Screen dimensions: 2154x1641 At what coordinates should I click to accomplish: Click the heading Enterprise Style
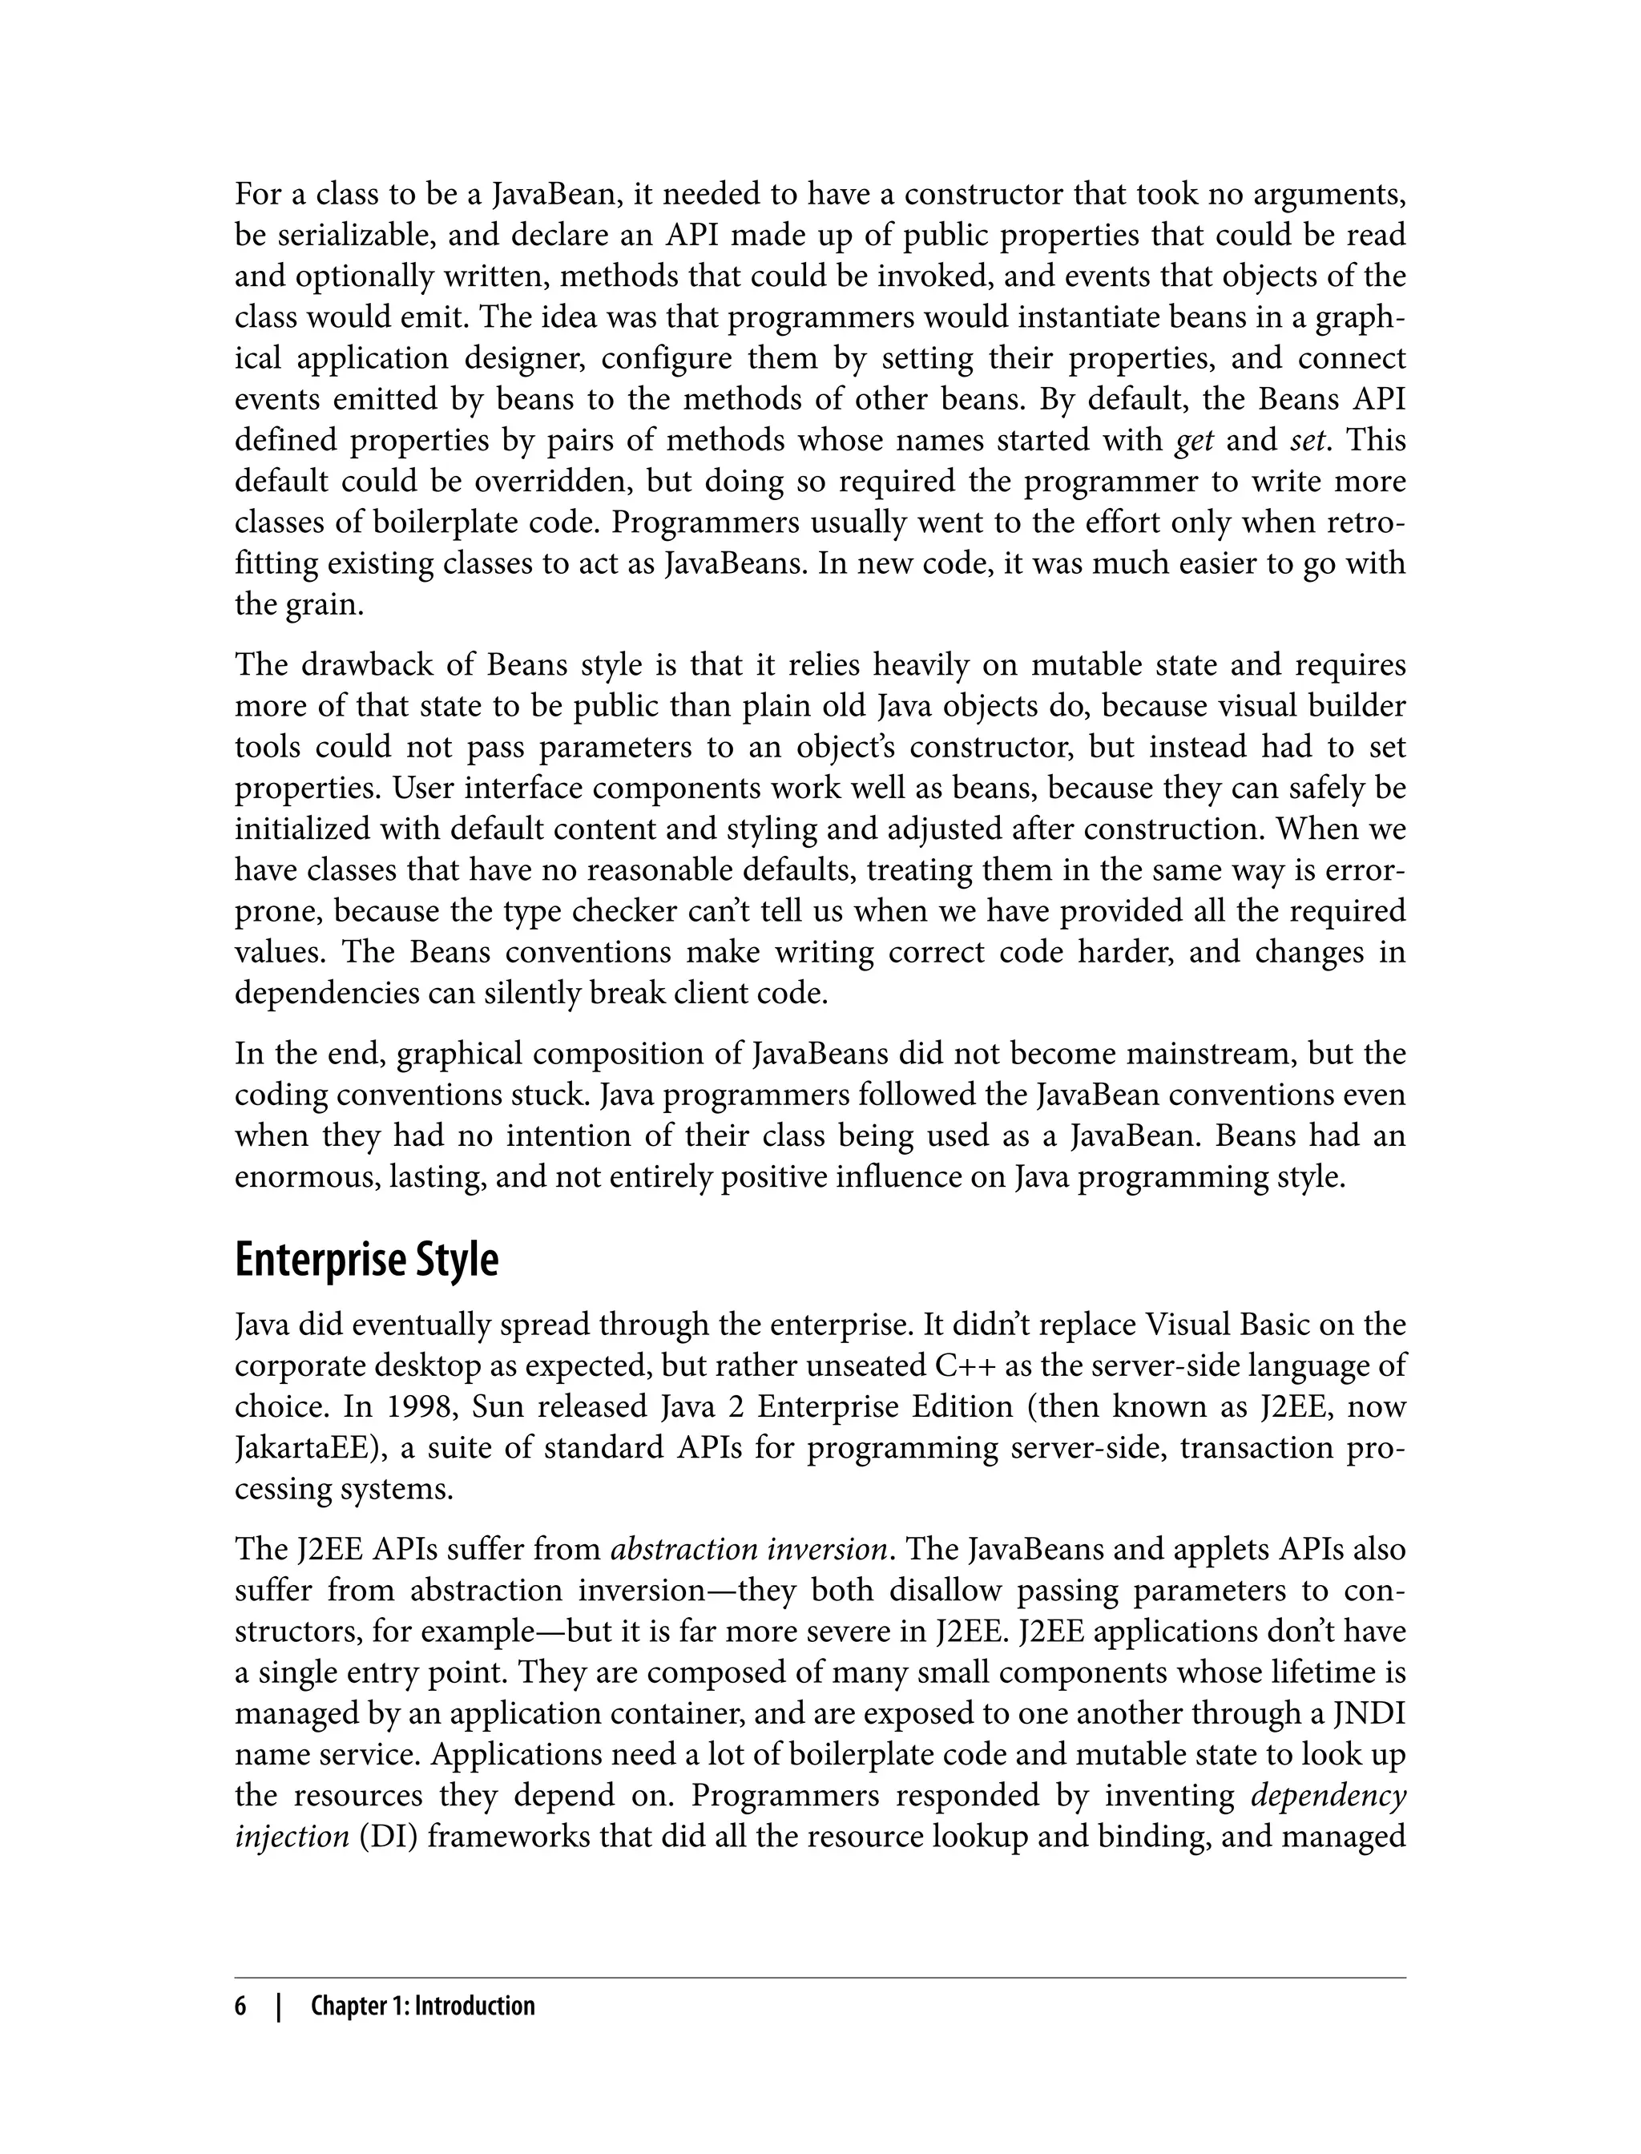pos(366,1261)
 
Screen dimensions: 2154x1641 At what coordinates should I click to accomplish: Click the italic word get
pos(1194,442)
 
